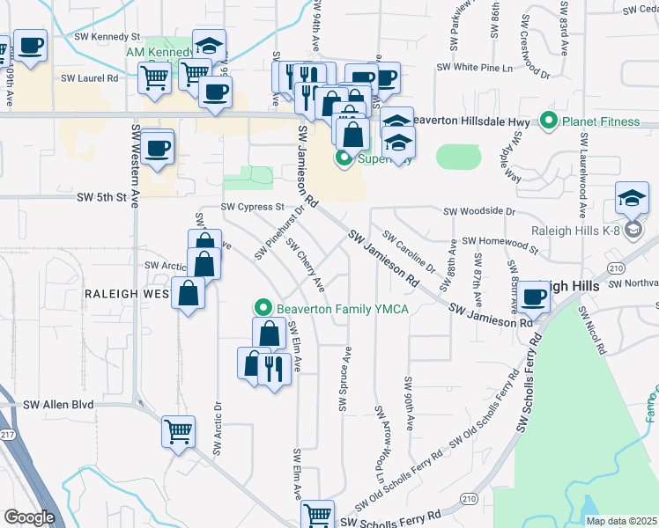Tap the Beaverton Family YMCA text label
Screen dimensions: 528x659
pos(343,308)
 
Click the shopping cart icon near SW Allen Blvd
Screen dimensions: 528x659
pos(178,432)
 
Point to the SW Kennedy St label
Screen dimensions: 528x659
pos(108,38)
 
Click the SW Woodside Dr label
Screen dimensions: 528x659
pos(479,211)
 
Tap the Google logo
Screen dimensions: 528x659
pos(29,517)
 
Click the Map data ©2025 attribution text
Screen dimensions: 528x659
pos(620,521)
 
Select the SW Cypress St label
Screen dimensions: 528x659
pos(252,207)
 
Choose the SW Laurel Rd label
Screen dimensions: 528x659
pos(90,78)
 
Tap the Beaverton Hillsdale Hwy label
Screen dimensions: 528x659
pos(470,121)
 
